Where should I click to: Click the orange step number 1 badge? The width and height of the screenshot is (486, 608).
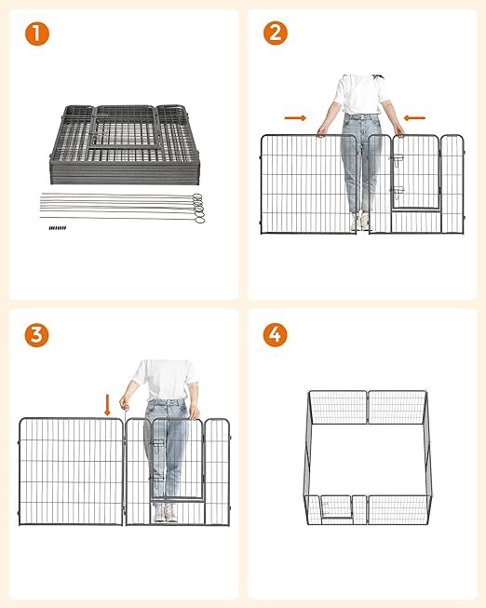37,34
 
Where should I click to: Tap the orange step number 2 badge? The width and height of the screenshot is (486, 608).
276,33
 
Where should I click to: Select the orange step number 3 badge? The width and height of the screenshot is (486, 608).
37,335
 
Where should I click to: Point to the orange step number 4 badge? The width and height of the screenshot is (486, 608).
276,334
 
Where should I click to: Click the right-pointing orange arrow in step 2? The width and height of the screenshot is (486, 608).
295,118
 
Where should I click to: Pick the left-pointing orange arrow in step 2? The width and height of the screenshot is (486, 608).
414,118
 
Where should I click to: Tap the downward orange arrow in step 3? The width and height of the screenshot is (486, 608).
107,405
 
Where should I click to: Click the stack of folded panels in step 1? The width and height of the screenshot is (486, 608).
125,144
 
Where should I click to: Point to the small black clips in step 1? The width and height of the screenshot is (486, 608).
58,228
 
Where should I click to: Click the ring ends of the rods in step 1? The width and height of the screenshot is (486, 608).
198,209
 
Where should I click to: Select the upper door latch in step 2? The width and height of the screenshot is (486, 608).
398,160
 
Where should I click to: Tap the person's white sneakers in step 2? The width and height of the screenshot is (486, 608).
360,221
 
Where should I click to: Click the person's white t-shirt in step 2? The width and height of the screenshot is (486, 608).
360,94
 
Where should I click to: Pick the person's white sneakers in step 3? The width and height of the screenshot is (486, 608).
165,513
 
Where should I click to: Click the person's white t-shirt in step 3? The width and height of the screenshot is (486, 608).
165,380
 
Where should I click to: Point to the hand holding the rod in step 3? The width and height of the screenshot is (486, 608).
125,403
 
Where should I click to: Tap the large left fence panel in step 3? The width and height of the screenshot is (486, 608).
71,471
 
